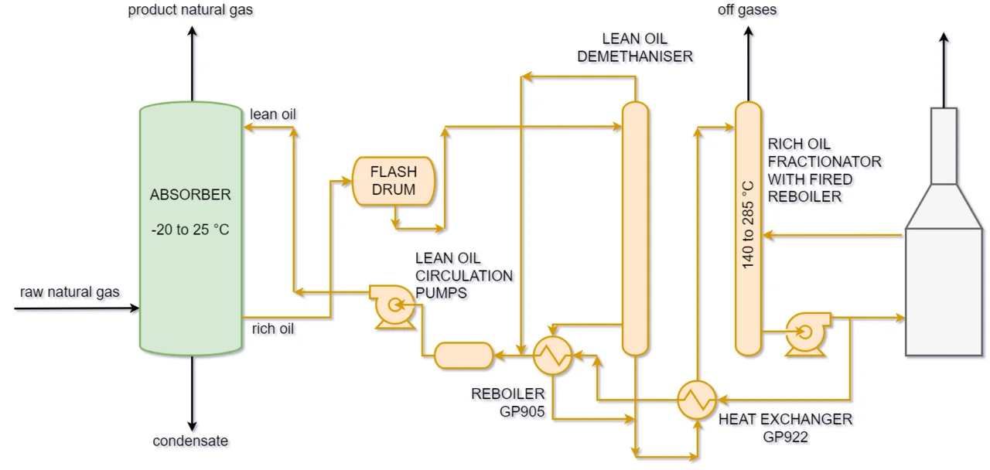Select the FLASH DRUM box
click(393, 181)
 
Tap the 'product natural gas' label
click(190, 10)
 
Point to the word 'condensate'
click(190, 441)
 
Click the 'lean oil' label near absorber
click(273, 114)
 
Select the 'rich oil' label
click(273, 329)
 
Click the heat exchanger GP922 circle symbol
click(698, 400)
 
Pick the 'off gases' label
click(748, 10)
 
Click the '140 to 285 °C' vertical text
click(748, 225)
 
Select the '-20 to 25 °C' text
click(190, 230)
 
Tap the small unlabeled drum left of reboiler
click(463, 356)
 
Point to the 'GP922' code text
click(785, 436)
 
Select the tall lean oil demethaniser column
click(635, 228)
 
